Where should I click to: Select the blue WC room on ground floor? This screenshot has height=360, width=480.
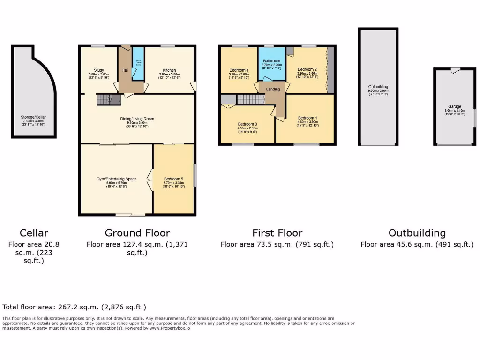coord(138,64)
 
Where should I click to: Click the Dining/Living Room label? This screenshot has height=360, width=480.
coord(136,119)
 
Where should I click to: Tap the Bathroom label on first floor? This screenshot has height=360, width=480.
coord(271,61)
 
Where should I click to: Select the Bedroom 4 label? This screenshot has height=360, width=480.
coord(239,70)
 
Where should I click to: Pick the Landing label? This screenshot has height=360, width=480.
coord(273,89)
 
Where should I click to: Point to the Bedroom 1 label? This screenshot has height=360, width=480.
coord(307,118)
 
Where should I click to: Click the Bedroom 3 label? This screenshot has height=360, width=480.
coord(248,124)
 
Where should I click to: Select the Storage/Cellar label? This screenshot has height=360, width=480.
coord(34,117)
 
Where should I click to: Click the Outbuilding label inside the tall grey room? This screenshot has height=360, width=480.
coord(378,87)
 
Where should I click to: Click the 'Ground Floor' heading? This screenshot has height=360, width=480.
coord(137,233)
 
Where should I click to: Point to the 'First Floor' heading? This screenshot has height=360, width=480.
coord(277,233)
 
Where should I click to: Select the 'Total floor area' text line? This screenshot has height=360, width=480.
coord(74,307)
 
